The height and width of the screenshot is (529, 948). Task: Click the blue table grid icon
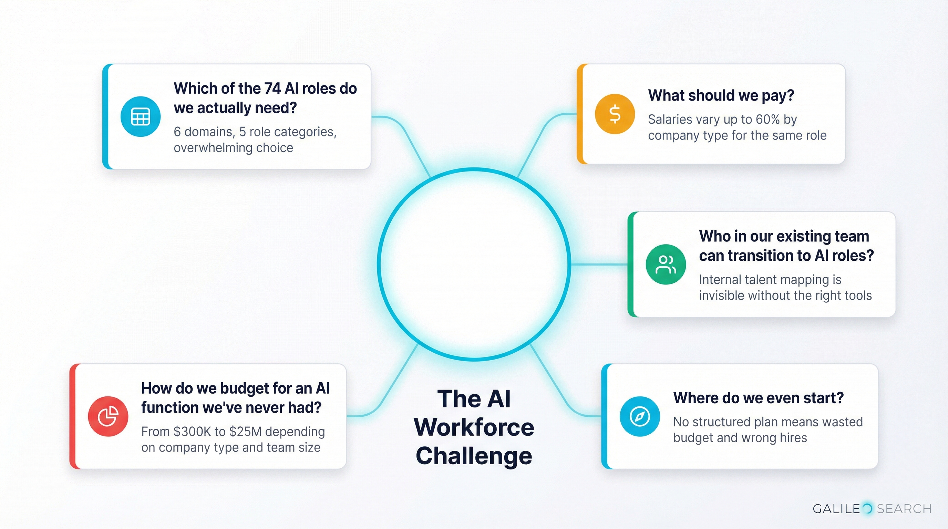pos(140,117)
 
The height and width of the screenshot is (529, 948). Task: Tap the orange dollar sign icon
pos(615,114)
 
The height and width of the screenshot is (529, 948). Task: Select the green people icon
pos(666,264)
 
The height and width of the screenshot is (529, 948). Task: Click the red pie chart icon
pos(108,416)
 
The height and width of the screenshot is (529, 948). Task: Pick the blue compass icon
pos(640,416)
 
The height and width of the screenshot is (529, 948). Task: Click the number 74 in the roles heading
pos(272,89)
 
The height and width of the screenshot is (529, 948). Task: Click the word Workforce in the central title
pos(474,427)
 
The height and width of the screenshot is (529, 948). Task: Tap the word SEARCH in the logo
pos(904,509)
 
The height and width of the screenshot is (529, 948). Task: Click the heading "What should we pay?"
pos(721,96)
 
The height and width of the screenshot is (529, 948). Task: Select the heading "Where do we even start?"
pos(758,398)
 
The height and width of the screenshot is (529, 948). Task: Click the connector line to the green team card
pos(599,264)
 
